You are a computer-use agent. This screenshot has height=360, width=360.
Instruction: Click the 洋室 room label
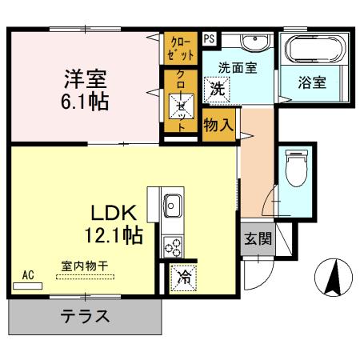pos(86,80)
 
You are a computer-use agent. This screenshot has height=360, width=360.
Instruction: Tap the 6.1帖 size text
pos(86,102)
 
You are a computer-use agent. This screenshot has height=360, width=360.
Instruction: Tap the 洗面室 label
pos(239,69)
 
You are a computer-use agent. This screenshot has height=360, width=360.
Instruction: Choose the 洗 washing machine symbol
pos(218,89)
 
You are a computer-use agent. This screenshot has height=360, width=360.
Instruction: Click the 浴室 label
pos(311,81)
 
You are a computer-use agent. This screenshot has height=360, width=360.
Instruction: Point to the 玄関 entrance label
pos(257,238)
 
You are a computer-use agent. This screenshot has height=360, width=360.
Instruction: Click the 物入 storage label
pos(218,126)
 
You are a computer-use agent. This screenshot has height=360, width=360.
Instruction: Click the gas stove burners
pos(172,248)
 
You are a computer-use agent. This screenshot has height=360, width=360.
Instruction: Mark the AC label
pos(28,275)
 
